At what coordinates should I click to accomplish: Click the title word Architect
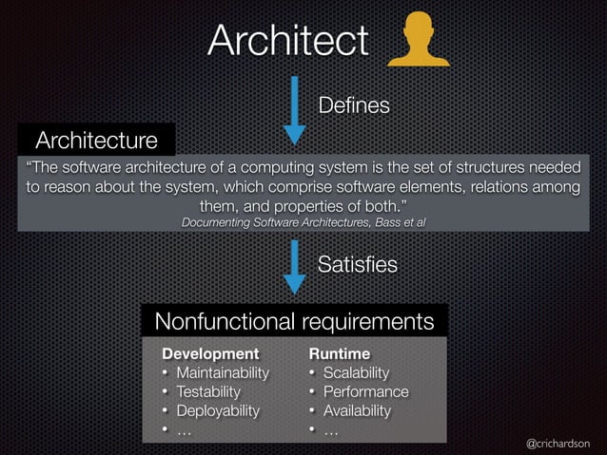[287, 41]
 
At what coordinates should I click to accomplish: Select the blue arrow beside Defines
[295, 108]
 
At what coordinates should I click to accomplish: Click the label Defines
[353, 105]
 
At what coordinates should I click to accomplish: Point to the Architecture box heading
[96, 142]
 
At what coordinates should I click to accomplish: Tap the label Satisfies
[357, 263]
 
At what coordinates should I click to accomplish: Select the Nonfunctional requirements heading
[294, 322]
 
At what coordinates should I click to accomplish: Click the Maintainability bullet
[222, 371]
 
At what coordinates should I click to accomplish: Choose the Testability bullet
[208, 391]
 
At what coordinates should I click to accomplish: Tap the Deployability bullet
[217, 410]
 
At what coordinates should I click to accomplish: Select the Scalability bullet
[356, 371]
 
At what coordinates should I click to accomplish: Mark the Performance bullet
[365, 391]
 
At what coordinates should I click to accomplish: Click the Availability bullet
[357, 410]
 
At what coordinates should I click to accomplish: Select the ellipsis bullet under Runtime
[331, 430]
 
